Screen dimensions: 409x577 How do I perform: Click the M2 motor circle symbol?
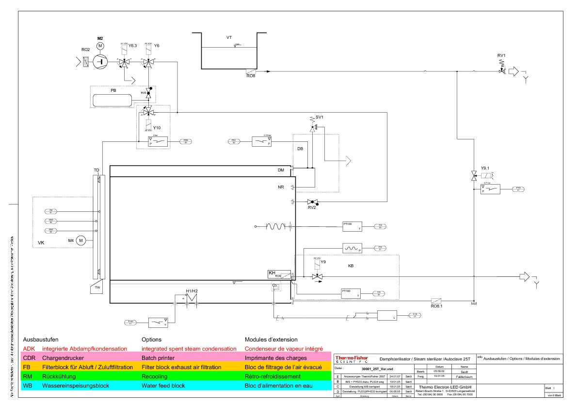click(x=100, y=46)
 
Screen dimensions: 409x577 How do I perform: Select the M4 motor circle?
click(x=81, y=240)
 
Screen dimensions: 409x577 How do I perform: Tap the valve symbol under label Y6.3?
click(x=125, y=62)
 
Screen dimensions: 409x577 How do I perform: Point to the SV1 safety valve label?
click(x=319, y=118)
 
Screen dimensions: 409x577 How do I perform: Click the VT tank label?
click(x=229, y=37)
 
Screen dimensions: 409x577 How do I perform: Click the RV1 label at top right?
click(x=501, y=55)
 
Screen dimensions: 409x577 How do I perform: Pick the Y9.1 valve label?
click(x=485, y=169)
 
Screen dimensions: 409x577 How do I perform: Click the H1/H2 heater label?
click(x=192, y=291)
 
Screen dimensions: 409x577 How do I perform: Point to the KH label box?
click(x=272, y=273)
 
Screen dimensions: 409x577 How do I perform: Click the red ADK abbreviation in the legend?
click(x=29, y=349)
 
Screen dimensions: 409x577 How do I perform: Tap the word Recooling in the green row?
click(x=154, y=376)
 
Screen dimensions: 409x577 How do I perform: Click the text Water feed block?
click(x=163, y=386)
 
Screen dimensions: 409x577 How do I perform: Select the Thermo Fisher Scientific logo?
click(x=351, y=359)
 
